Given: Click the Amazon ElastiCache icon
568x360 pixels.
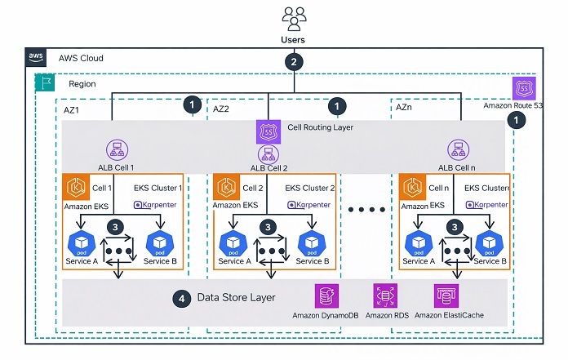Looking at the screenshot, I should pyautogui.click(x=446, y=296).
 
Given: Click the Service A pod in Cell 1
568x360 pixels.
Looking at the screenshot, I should pyautogui.click(x=82, y=243).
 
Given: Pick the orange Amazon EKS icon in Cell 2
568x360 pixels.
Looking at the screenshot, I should pyautogui.click(x=226, y=189).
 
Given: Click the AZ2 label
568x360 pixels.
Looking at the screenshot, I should pyautogui.click(x=221, y=109).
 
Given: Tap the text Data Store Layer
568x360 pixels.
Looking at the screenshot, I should pyautogui.click(x=235, y=297).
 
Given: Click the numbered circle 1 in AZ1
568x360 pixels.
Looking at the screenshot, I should pyautogui.click(x=193, y=104).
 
